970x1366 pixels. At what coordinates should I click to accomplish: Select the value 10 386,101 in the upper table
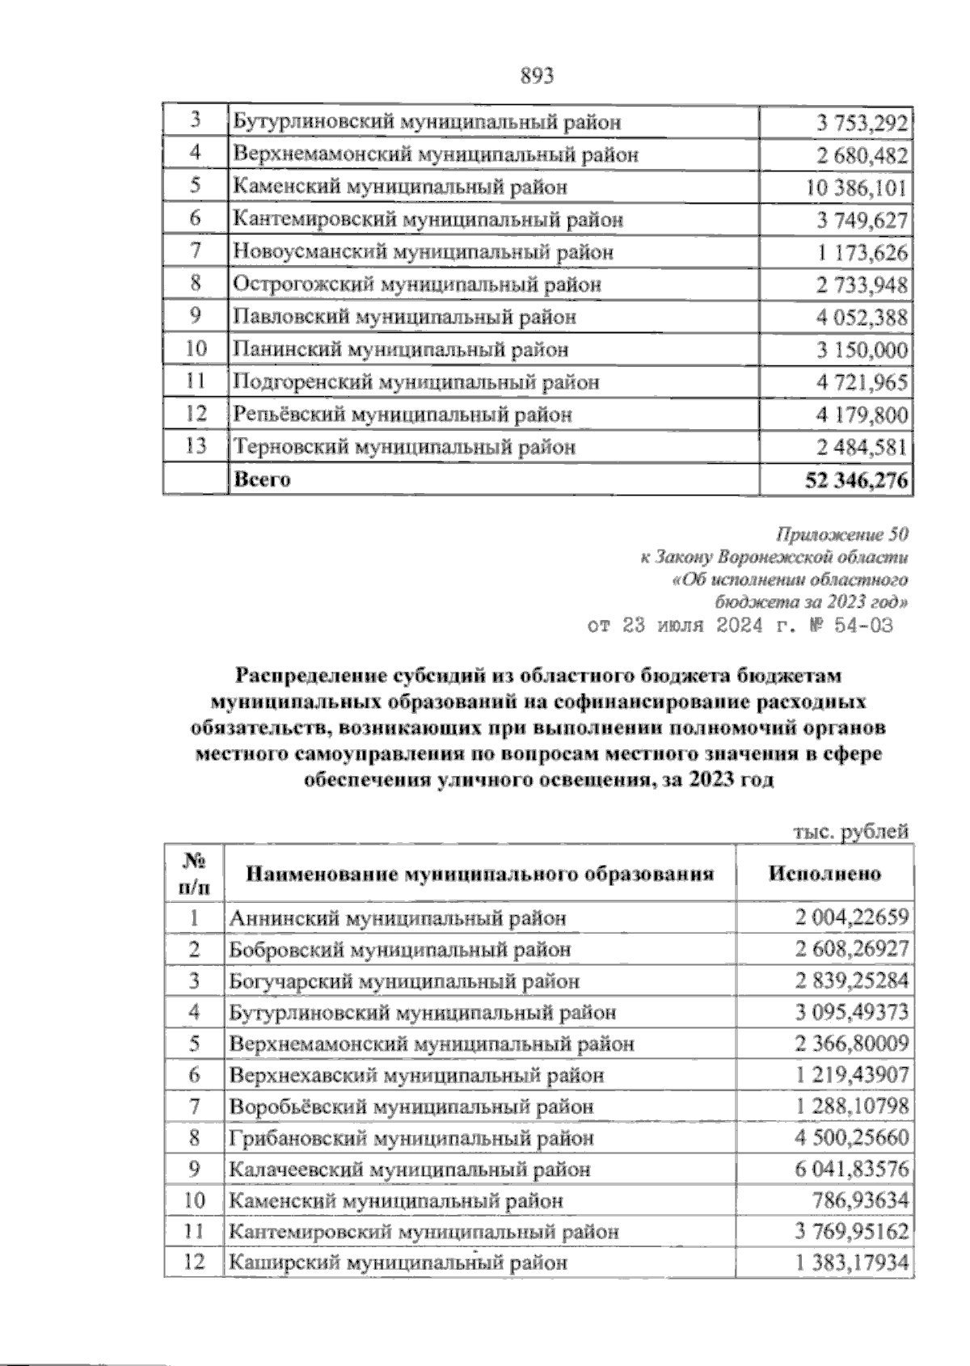click(x=857, y=188)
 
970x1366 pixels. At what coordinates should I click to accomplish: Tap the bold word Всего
click(x=262, y=479)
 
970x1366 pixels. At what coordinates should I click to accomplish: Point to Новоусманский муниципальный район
click(x=424, y=252)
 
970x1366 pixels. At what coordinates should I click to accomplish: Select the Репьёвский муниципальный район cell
click(x=403, y=415)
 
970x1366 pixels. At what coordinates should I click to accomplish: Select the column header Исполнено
click(x=824, y=874)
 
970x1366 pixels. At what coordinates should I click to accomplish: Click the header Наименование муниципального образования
click(x=480, y=874)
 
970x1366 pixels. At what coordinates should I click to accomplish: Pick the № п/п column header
click(x=193, y=874)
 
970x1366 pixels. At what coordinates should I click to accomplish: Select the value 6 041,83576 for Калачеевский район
click(x=852, y=1170)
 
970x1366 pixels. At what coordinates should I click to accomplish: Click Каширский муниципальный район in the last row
click(x=398, y=1263)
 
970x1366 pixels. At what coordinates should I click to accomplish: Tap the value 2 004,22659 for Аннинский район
click(x=852, y=918)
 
